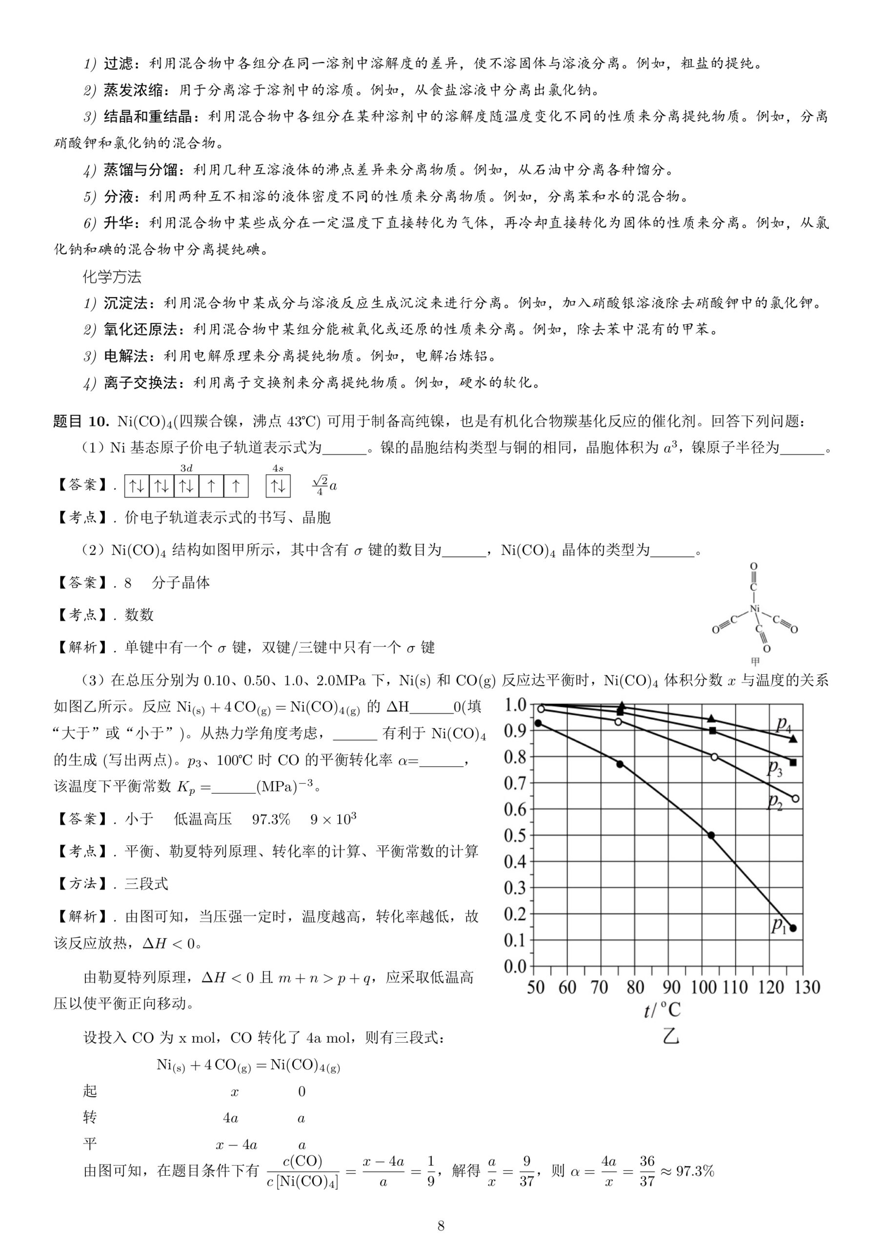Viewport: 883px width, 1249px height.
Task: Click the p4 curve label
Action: pyautogui.click(x=783, y=724)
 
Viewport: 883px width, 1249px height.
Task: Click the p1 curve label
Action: pyautogui.click(x=779, y=926)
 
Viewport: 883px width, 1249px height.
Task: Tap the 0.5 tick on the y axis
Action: pyautogui.click(x=515, y=835)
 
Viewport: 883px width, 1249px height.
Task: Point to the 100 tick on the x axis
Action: pyautogui.click(x=703, y=987)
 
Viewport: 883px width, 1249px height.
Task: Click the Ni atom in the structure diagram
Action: pyautogui.click(x=754, y=609)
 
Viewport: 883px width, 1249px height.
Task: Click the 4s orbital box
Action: pyautogui.click(x=278, y=486)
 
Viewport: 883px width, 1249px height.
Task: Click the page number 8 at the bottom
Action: pyautogui.click(x=441, y=1225)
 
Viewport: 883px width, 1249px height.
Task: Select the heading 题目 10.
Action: pyautogui.click(x=81, y=421)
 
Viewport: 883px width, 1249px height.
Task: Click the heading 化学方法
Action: pyautogui.click(x=112, y=277)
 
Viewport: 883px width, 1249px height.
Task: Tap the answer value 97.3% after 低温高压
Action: pyautogui.click(x=271, y=819)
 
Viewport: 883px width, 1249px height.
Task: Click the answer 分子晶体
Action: pyautogui.click(x=181, y=583)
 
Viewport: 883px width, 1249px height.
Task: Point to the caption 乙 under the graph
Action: pyautogui.click(x=670, y=1036)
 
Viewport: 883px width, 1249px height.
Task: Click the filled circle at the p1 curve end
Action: pyautogui.click(x=793, y=928)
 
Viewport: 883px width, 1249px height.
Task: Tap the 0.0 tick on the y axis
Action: pyautogui.click(x=515, y=966)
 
